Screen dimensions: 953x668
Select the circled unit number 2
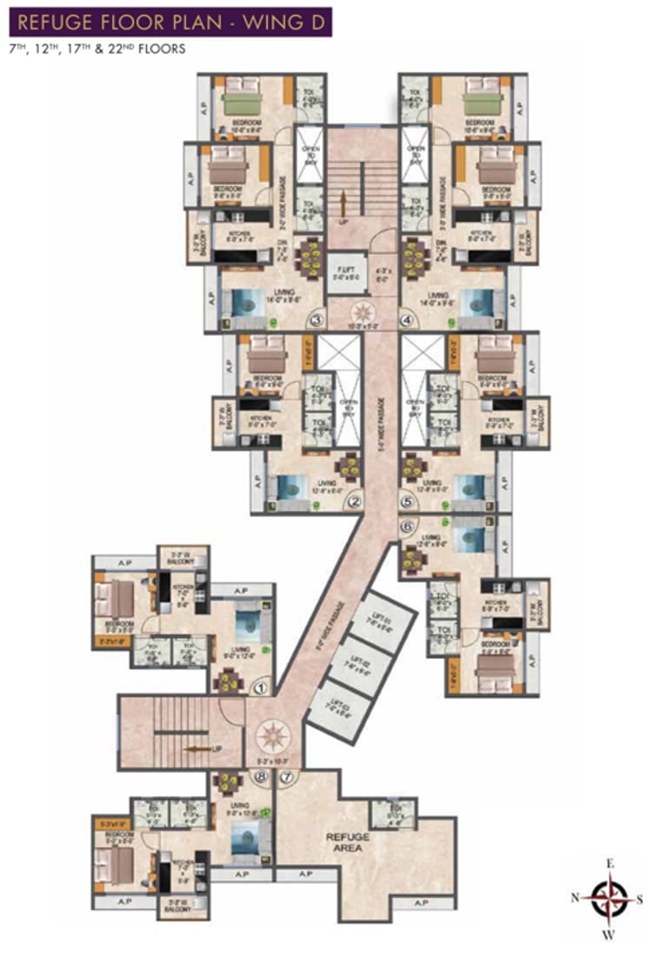[354, 501]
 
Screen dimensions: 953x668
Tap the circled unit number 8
[260, 775]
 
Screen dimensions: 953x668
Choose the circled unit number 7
[288, 775]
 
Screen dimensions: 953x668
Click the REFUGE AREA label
[348, 842]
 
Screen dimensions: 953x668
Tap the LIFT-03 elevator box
[335, 709]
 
